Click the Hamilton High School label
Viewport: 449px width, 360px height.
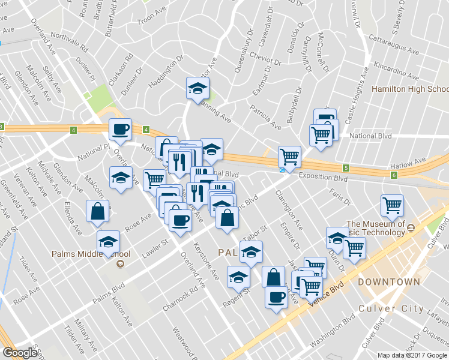[410, 89]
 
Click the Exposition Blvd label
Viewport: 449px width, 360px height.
[324, 178]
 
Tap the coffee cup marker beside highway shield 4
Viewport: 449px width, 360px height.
[120, 130]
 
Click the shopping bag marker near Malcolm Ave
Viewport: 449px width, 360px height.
[98, 212]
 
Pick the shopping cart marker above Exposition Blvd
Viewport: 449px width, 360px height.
[290, 157]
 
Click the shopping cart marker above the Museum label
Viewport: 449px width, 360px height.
[392, 206]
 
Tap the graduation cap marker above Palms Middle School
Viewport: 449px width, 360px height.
[108, 242]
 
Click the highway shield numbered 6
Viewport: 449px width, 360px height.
[394, 175]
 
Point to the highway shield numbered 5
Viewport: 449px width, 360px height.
[346, 168]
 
